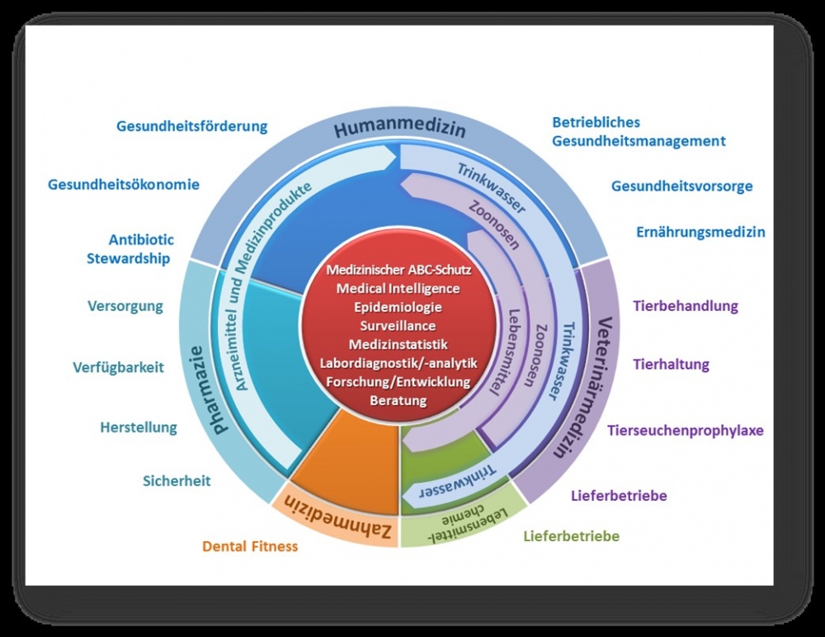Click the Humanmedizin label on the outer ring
point(399,129)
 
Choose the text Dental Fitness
point(250,545)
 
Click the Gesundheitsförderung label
point(192,127)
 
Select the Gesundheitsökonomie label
point(124,184)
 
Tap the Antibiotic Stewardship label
point(130,249)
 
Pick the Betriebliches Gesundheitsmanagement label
point(639,132)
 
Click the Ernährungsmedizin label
point(700,232)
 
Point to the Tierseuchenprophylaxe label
point(685,430)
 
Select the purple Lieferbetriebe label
point(619,496)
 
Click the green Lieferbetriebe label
point(571,536)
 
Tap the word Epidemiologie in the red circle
point(398,307)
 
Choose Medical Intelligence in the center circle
point(398,288)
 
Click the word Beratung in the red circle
point(398,400)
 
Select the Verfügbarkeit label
point(117,367)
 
